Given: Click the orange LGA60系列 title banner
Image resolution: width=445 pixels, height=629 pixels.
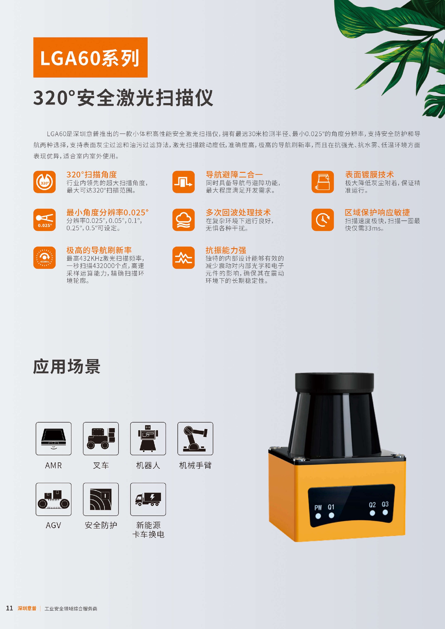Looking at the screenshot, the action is [90, 57].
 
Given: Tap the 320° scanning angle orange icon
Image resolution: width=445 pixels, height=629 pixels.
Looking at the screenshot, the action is [44, 182].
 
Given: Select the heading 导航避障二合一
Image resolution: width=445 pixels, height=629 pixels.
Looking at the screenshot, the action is [234, 174].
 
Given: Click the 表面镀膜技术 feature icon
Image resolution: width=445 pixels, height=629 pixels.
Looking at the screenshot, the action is [323, 182].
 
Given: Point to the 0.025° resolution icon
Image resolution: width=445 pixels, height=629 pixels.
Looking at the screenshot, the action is [44, 220].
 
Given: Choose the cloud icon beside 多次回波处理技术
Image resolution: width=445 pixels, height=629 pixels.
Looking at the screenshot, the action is [183, 220].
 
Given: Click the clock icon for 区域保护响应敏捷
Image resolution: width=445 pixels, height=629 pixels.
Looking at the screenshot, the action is [323, 220].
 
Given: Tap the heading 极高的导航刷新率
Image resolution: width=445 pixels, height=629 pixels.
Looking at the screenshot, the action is [99, 250].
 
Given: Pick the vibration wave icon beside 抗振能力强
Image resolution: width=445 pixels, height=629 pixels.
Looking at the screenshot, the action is [183, 258].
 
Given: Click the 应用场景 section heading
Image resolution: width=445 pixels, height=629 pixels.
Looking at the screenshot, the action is [67, 367].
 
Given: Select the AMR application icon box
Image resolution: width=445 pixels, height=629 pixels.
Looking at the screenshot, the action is [54, 439].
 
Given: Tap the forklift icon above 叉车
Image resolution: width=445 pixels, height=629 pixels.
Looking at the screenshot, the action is [101, 439].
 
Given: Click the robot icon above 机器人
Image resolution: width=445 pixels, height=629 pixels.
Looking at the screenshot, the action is [148, 439].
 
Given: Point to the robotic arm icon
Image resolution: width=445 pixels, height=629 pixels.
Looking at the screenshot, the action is [195, 439].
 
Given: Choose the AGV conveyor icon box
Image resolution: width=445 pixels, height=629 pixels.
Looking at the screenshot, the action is [54, 499].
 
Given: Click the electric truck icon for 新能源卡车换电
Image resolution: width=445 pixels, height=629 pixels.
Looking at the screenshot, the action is [148, 499].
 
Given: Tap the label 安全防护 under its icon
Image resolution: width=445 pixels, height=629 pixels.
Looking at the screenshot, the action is [101, 525].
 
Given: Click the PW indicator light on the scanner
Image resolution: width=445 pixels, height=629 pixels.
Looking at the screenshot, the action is [318, 516].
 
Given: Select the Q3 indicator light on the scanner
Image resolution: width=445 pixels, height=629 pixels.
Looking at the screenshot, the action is [385, 512].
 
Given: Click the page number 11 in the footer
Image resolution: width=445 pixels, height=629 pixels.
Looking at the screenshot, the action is [10, 608].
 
